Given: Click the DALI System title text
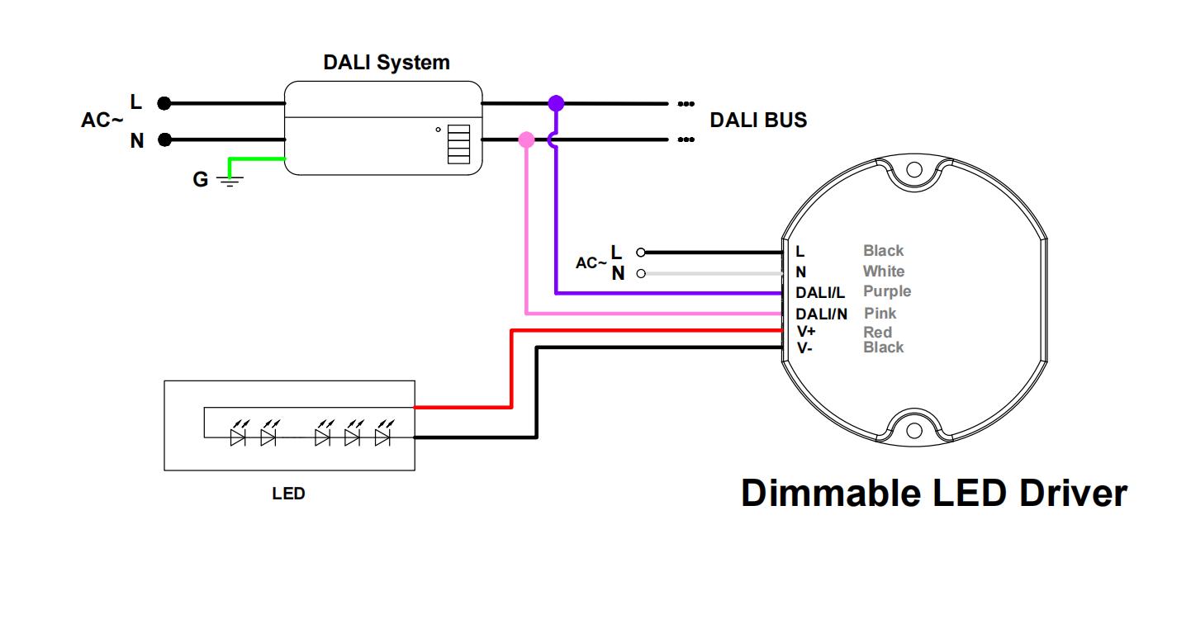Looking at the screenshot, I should tap(387, 63).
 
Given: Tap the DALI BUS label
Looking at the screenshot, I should tap(758, 121).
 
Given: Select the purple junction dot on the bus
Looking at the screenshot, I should tap(556, 103).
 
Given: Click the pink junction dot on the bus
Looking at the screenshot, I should tap(526, 139).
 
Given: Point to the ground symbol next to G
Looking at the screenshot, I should tap(230, 179).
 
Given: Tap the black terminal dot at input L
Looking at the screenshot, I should tap(164, 103).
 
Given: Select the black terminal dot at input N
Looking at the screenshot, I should tap(164, 139).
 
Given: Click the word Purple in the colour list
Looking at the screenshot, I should tap(887, 291).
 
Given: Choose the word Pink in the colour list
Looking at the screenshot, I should tap(880, 314).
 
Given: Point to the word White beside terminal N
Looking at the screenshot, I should tap(883, 272).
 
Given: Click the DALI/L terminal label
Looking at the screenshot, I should tap(820, 293).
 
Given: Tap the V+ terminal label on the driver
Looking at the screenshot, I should tap(806, 332).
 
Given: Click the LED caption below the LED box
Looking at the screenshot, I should tap(288, 494).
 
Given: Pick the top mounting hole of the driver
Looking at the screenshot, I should tap(913, 170).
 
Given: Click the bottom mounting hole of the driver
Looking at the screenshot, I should tap(913, 431).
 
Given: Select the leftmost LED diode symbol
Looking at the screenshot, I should tap(238, 437).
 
